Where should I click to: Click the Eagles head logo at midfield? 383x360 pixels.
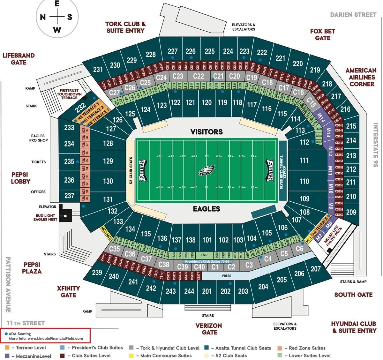206,171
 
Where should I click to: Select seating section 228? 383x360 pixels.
150,54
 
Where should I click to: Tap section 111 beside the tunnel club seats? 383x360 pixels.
304,161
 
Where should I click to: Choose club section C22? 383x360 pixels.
199,76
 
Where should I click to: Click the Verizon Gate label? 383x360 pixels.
208,329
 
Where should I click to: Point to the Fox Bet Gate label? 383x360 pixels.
322,34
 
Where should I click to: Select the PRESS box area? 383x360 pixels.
226,276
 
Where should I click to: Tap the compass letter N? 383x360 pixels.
43,17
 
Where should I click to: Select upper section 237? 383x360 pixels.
69,195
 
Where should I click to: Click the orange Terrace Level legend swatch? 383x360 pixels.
7,348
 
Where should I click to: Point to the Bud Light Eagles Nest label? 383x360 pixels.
45,218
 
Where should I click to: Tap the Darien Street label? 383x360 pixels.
353,15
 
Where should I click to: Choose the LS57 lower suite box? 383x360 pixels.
205,255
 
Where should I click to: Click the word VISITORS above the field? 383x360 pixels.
207,131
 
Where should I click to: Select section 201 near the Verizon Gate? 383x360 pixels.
207,291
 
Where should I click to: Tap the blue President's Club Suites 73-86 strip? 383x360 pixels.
207,261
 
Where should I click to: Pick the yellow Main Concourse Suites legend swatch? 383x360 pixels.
131,356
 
